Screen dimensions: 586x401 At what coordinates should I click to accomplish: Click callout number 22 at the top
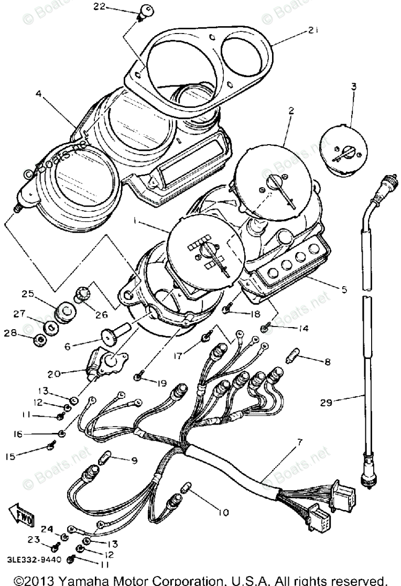coord(100,6)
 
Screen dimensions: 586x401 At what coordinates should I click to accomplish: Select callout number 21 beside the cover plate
coord(312,31)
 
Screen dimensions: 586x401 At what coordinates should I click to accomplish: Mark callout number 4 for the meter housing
coord(38,94)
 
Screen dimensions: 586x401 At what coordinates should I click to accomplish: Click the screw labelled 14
coord(265,329)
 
